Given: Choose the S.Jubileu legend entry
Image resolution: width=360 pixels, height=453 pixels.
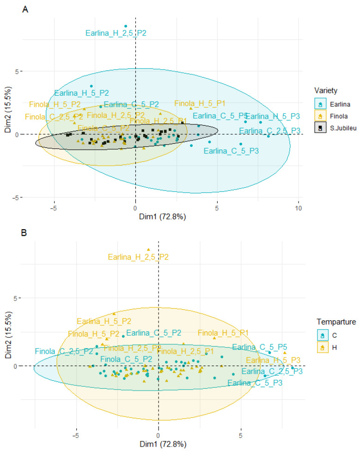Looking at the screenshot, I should (x=335, y=126).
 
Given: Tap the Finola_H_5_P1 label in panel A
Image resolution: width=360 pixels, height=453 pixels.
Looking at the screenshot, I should (x=200, y=103).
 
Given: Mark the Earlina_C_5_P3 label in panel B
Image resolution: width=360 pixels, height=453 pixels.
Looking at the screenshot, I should (x=255, y=382).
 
